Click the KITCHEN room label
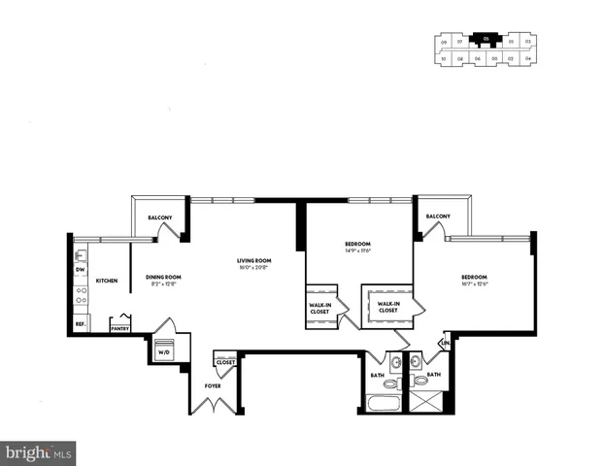[x=107, y=281]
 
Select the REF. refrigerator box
[x=81, y=323]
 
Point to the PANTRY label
[x=120, y=328]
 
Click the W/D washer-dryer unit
[x=162, y=350]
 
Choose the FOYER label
[x=213, y=385]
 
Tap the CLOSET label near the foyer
[x=225, y=361]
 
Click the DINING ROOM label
[x=163, y=277]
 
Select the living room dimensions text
[x=253, y=267]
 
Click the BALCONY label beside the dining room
[x=160, y=216]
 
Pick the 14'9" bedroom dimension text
[x=358, y=250]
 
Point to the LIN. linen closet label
[x=446, y=343]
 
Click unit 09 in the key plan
[x=444, y=43]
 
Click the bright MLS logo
[x=39, y=452]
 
